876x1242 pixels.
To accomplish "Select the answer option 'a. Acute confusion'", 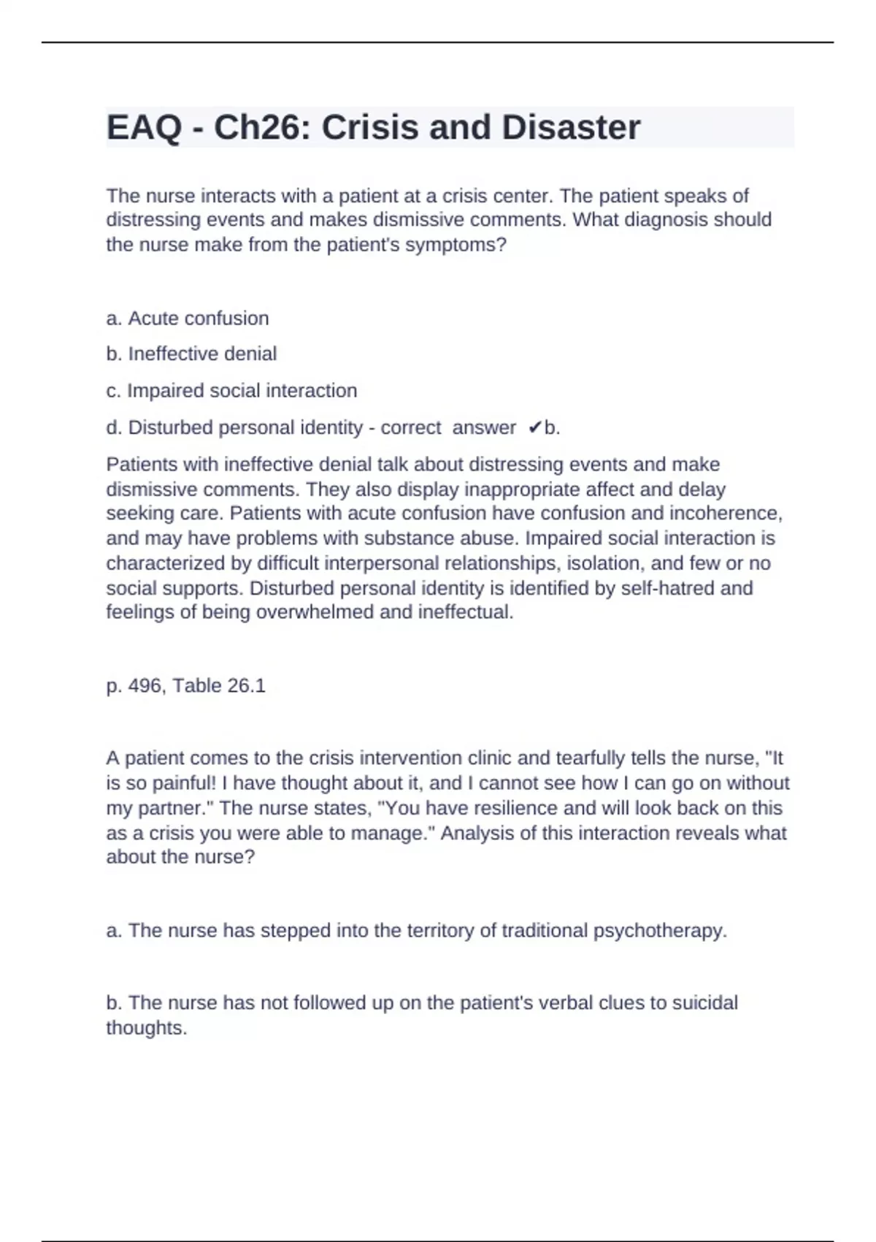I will click(188, 319).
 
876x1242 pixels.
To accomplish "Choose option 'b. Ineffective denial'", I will click(191, 354).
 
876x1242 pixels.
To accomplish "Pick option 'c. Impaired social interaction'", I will click(231, 391).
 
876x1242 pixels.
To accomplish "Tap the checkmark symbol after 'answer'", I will click(534, 427).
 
